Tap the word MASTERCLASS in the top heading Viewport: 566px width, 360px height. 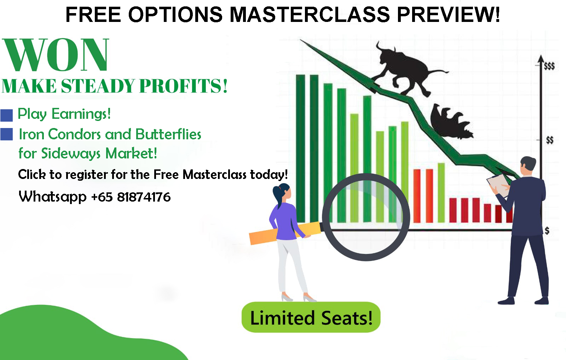[x=310, y=14]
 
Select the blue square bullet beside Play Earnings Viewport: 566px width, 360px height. [x=7, y=115]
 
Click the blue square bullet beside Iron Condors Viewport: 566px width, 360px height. [x=7, y=134]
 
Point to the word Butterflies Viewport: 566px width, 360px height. [x=168, y=134]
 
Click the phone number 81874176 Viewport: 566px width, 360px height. [x=144, y=197]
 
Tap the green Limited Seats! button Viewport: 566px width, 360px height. [x=311, y=317]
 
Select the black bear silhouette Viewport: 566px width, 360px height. [x=450, y=121]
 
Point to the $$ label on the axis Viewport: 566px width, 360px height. [x=550, y=140]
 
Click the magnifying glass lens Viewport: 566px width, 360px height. [x=366, y=217]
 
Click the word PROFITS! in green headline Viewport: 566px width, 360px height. [x=184, y=86]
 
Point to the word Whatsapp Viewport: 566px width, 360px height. [x=53, y=197]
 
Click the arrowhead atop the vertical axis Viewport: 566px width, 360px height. [x=541, y=59]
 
